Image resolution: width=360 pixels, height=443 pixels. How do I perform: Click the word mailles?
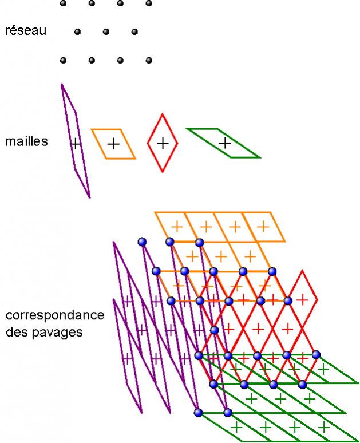tap(26, 141)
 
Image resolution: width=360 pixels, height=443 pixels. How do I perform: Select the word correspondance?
tap(55, 315)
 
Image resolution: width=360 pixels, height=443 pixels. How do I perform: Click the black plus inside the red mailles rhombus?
tap(163, 143)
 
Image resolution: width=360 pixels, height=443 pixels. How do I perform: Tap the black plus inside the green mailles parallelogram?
tap(225, 143)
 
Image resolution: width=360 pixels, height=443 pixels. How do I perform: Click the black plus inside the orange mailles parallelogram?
tap(113, 144)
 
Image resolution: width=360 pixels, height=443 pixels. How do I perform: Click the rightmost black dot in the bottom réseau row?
tap(149, 60)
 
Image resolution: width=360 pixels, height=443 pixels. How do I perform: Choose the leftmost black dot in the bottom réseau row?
tap(63, 60)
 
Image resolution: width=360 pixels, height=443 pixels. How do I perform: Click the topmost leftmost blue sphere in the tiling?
tap(142, 242)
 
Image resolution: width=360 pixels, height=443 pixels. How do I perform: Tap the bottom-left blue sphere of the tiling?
tap(199, 412)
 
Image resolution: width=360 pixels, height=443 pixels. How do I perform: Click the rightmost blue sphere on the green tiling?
tap(316, 355)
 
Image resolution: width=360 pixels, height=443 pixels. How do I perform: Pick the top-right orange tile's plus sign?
tap(263, 227)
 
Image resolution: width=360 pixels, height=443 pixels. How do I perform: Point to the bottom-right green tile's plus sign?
tap(324, 427)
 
